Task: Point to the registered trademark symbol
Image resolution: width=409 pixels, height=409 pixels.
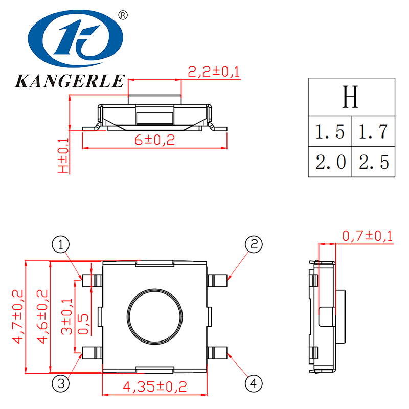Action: (122, 15)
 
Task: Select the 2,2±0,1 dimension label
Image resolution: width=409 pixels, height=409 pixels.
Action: (214, 72)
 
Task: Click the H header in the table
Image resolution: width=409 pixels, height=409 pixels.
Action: (351, 97)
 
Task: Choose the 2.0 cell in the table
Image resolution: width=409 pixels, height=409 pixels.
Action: (330, 163)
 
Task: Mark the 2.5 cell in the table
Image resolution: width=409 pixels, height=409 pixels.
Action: (374, 163)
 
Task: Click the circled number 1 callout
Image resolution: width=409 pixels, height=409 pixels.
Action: (61, 244)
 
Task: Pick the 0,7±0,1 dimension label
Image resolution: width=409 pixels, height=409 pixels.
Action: (367, 236)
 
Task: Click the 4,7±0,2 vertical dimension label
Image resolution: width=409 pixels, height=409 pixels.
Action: (18, 316)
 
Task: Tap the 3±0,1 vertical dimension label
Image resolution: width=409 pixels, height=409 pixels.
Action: (67, 317)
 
